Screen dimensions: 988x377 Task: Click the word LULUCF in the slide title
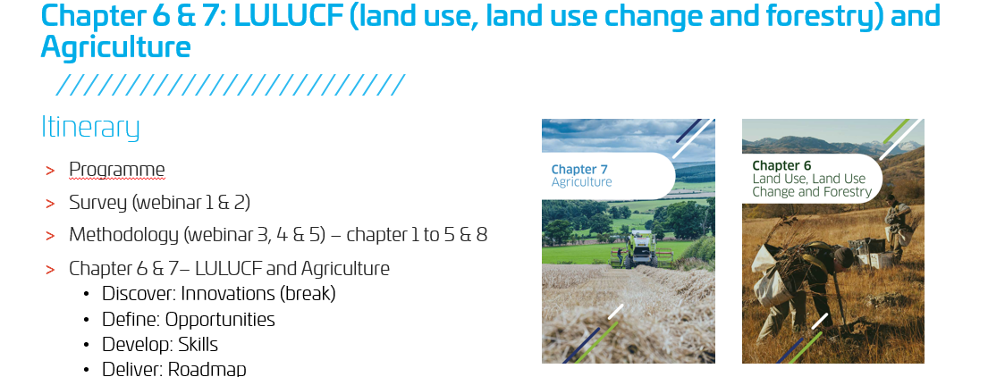pos(284,16)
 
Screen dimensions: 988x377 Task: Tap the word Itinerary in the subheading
pos(90,128)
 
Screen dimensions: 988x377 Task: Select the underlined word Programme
pos(116,171)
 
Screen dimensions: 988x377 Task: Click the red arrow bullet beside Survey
pos(50,204)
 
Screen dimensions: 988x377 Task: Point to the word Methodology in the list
pos(124,236)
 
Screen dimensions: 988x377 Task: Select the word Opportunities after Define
pos(220,320)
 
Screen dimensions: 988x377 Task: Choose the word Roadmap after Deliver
pos(207,369)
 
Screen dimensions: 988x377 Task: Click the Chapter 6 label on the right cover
pos(781,165)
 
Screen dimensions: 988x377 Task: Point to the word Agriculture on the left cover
pos(581,182)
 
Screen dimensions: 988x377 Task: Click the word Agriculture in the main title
pos(115,47)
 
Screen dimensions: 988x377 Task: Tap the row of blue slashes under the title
pos(230,85)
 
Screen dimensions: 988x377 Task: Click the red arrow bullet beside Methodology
pos(50,236)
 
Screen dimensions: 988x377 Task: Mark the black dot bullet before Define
pos(87,320)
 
